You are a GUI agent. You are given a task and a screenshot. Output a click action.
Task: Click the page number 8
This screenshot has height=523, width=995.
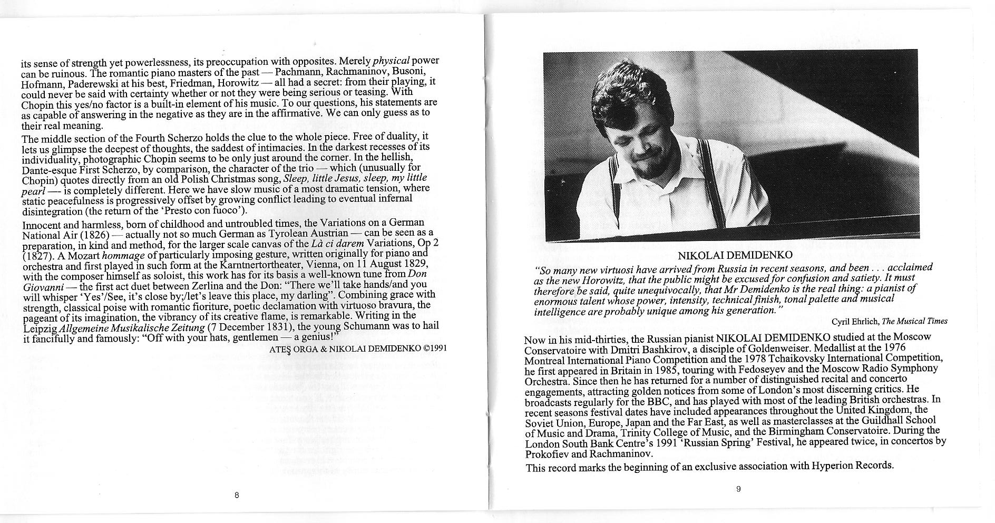pos(237,495)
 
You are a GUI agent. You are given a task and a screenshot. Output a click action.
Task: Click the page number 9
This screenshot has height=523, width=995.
pos(738,489)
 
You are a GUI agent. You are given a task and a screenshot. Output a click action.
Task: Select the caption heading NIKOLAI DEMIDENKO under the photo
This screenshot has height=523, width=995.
pos(735,256)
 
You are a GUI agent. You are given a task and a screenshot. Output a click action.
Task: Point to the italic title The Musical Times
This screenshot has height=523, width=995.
pos(914,321)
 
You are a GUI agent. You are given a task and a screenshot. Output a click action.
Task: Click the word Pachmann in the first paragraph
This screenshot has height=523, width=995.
pos(298,71)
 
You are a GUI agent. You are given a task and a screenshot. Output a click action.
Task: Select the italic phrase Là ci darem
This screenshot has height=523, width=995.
pos(329,244)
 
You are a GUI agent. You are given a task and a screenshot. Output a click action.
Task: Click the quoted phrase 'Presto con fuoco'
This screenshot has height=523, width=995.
pos(202,211)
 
